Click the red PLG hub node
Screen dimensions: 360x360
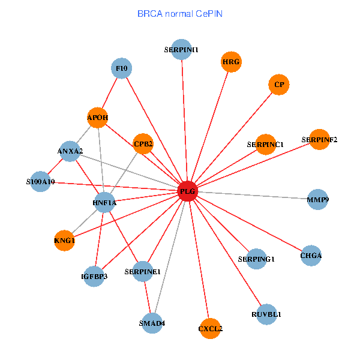[188, 191]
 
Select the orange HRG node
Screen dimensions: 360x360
[231, 62]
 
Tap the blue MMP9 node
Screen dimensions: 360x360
[318, 199]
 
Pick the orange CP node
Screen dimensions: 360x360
[279, 85]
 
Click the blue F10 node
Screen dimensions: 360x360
[121, 68]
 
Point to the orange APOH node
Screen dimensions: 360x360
[98, 118]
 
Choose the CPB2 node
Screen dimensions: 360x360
[143, 144]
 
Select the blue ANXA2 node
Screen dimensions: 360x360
[70, 151]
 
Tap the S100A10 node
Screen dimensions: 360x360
[40, 181]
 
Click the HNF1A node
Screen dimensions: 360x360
[104, 203]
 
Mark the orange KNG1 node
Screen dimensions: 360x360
[65, 241]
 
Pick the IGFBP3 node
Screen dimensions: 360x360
[94, 276]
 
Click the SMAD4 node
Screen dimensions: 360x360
[152, 323]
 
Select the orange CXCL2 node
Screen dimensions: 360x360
[211, 329]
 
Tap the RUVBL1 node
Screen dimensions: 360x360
[266, 314]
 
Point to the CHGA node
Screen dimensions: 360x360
[311, 256]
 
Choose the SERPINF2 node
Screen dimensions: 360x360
[319, 139]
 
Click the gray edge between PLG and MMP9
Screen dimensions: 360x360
[253, 195]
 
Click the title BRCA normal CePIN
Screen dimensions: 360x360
[180, 14]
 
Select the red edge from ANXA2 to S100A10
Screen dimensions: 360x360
[55, 166]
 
